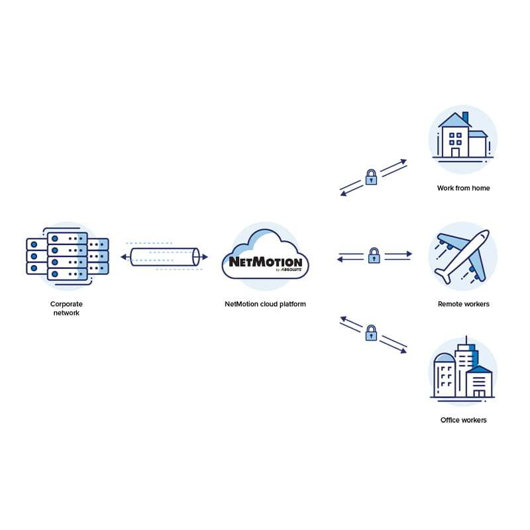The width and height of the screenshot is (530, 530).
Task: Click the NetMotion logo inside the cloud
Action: coord(265,260)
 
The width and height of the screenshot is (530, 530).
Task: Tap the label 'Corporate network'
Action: coord(66,308)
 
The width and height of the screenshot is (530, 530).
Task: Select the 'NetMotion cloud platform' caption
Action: coord(265,304)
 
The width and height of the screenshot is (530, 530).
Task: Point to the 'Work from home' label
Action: coord(463,188)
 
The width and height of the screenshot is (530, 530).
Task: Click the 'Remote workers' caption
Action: coord(463,304)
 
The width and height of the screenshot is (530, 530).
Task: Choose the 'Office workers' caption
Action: coord(463,420)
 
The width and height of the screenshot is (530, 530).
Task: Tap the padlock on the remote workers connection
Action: coord(374,255)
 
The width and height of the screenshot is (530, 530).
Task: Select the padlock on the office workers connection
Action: coord(372,333)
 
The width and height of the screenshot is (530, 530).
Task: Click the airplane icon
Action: coord(462,256)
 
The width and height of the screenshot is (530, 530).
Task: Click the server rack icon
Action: coord(68,254)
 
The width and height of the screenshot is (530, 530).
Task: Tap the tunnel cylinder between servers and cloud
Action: coord(164,256)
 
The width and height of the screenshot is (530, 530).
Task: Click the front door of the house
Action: coord(455,152)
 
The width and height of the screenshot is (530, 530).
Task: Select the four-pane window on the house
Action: coord(455,138)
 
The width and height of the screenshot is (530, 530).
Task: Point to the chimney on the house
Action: coord(465,118)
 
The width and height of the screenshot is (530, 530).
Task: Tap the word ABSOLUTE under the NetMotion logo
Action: coord(291,270)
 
